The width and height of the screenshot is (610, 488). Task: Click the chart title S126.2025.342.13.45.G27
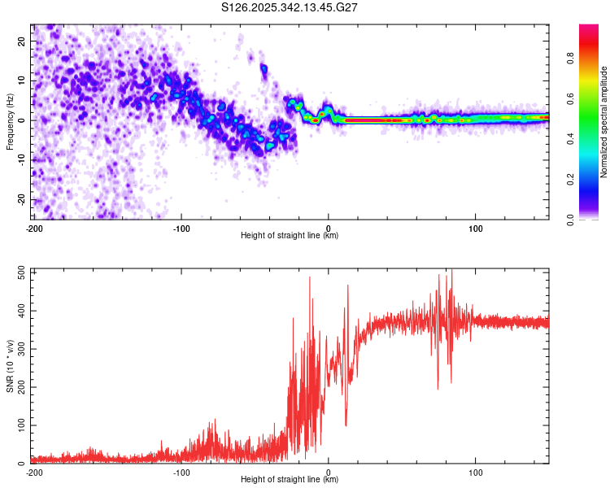coord(290,7)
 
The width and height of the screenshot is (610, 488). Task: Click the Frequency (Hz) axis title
coord(10,121)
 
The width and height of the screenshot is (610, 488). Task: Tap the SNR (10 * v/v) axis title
coord(10,369)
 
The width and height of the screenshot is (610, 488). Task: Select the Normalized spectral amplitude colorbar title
coord(604,122)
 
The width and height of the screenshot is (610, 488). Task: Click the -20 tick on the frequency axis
coord(21,199)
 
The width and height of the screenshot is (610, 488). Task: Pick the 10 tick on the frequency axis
coord(23,81)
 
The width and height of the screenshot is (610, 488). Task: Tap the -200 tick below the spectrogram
coord(33,228)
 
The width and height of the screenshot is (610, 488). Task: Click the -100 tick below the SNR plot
coord(181,472)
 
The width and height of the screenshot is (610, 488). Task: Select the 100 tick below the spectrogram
coord(476,228)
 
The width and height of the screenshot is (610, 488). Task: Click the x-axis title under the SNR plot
coord(290,480)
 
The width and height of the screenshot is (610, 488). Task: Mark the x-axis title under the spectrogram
coord(290,236)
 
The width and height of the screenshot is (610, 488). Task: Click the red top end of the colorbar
coord(589,28)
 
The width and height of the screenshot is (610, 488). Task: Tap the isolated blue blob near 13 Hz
coord(264,69)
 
